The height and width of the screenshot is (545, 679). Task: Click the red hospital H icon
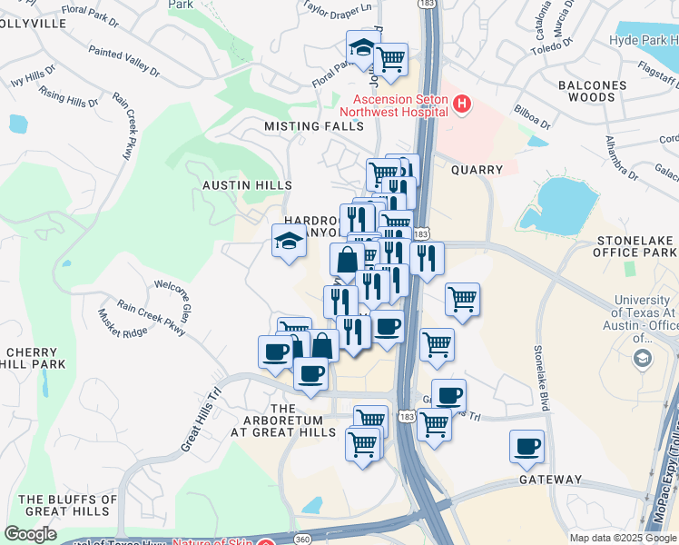pyautogui.click(x=462, y=104)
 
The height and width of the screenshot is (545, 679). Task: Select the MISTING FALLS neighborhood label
pyautogui.click(x=314, y=126)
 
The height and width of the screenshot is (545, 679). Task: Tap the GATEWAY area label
pyautogui.click(x=550, y=479)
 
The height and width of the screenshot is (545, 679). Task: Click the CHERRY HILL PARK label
pyautogui.click(x=35, y=358)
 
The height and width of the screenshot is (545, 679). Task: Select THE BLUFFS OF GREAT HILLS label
pyautogui.click(x=69, y=506)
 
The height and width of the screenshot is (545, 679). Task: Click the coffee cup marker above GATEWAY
pyautogui.click(x=526, y=446)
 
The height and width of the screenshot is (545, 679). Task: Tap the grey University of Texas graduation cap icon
pyautogui.click(x=643, y=358)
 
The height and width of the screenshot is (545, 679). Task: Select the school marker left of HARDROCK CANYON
pyautogui.click(x=289, y=242)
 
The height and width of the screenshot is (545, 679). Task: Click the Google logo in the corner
pyautogui.click(x=31, y=534)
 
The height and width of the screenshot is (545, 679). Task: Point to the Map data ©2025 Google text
pyautogui.click(x=623, y=538)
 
